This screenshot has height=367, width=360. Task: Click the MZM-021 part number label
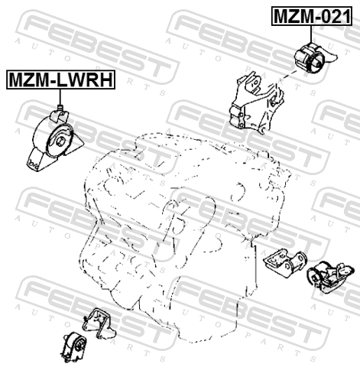click(x=312, y=16)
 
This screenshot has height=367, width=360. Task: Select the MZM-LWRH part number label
click(x=60, y=80)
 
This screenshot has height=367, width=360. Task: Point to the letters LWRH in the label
click(x=83, y=80)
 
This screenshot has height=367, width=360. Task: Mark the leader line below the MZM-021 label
click(x=311, y=34)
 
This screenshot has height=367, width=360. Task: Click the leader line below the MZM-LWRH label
click(x=60, y=97)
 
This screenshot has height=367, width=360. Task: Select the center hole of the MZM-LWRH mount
click(x=61, y=141)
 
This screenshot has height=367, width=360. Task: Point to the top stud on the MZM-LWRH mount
click(x=60, y=108)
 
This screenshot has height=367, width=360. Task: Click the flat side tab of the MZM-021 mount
click(x=331, y=57)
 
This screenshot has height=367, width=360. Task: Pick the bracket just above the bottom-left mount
click(x=99, y=323)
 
